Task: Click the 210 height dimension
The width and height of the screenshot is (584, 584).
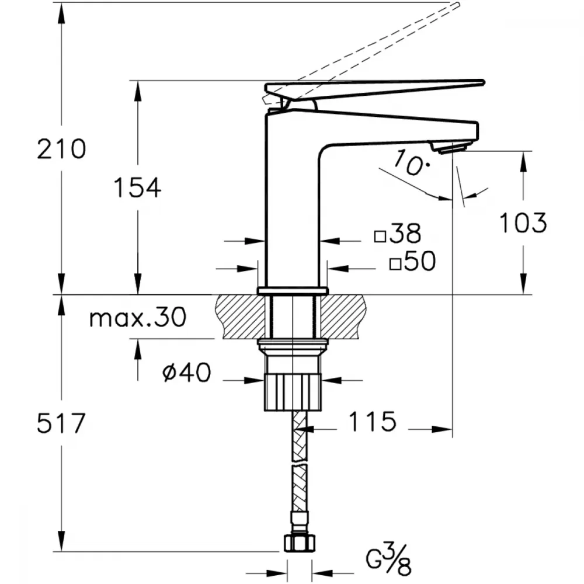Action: [x=61, y=149]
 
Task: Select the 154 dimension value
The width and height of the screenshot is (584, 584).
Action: [x=137, y=187]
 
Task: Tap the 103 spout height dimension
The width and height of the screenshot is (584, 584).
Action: [x=523, y=223]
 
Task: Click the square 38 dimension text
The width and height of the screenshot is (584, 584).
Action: [x=398, y=234]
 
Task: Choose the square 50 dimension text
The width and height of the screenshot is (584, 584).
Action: [x=412, y=260]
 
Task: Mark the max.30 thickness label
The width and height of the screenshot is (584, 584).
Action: [x=138, y=318]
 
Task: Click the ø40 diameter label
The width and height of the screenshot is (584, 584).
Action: [x=187, y=372]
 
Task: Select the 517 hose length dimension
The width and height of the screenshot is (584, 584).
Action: [x=61, y=423]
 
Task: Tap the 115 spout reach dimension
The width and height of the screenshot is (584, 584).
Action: [x=372, y=421]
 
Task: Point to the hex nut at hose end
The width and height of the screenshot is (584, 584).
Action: [x=300, y=543]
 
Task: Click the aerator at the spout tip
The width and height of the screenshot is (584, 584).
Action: [x=449, y=147]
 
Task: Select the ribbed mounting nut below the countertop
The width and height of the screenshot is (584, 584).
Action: [x=293, y=392]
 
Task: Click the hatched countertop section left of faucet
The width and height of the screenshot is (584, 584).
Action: [x=238, y=317]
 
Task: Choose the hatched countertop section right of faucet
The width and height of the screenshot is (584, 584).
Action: [x=343, y=317]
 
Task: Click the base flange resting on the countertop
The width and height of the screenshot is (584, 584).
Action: [x=293, y=291]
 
